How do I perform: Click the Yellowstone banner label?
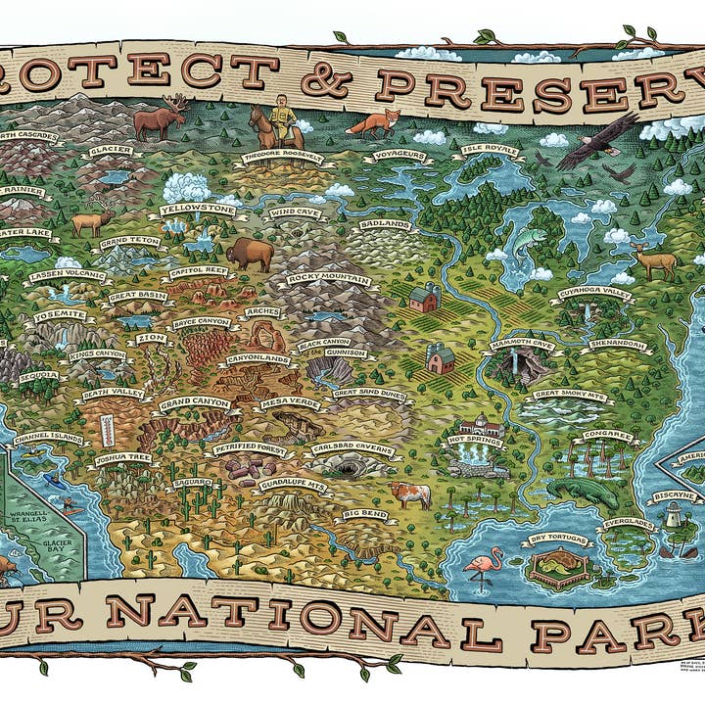tap(197, 210)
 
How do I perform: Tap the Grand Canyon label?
tap(195, 402)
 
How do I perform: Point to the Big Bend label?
tap(364, 513)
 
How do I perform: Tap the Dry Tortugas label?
tap(559, 540)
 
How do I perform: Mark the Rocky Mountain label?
tap(328, 279)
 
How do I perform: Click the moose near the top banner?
tap(159, 119)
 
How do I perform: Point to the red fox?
tap(375, 123)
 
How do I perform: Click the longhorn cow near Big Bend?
tap(409, 493)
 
